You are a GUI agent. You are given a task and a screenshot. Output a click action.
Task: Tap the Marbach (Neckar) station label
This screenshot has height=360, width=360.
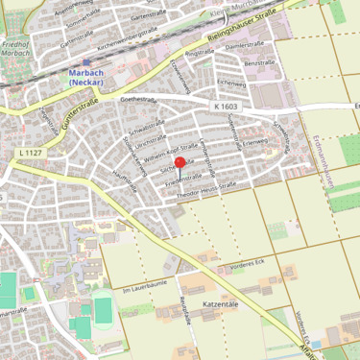(85, 78)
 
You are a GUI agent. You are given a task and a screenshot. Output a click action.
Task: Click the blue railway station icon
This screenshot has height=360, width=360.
(85, 63)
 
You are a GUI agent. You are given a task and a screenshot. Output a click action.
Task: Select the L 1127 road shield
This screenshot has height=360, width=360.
(31, 153)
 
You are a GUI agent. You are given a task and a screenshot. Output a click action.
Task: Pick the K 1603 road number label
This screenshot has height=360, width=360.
(227, 107)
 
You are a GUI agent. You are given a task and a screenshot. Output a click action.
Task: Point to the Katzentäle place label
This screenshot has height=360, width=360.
(221, 302)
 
